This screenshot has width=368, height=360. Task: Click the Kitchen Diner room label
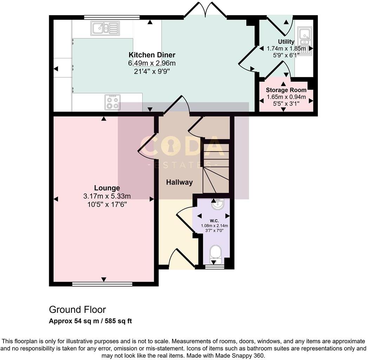pos(152,55)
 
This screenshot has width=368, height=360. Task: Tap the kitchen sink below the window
pos(105,28)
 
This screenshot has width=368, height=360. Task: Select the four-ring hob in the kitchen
pos(112,102)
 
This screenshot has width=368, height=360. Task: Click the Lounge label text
pos(107,188)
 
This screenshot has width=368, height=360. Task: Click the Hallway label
pos(179,182)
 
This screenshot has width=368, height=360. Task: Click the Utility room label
pos(286,42)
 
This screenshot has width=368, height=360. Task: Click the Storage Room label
pos(286,90)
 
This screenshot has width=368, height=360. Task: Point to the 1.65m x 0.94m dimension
pos(286,97)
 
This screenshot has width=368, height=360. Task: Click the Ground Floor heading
pos(77,310)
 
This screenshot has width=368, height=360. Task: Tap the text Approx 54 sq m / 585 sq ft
pos(90,321)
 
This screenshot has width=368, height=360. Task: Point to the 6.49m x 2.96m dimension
pos(152,63)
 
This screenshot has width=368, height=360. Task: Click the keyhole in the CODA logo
pos(171,146)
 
